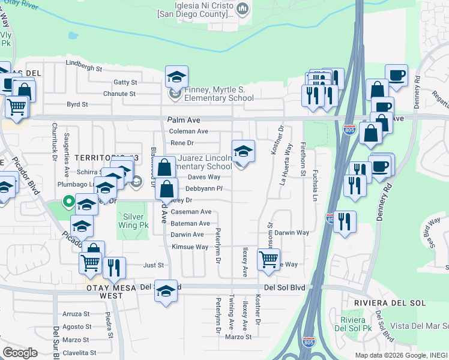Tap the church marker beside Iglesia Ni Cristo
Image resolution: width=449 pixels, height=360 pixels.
(243, 9)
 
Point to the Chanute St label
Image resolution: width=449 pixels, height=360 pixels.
(119, 94)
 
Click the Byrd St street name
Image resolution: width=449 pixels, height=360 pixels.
(77, 104)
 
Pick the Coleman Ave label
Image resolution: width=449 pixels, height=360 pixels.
(188, 131)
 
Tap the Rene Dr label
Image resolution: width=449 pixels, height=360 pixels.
(182, 143)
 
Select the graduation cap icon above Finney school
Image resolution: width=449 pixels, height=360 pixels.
(177, 77)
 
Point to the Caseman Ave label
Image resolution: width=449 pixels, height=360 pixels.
(191, 212)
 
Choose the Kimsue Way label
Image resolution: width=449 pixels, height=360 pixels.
(190, 247)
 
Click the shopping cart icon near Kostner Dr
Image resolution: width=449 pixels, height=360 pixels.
(268, 259)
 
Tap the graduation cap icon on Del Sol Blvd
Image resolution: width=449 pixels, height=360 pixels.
(166, 291)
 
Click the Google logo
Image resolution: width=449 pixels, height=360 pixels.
(20, 352)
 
